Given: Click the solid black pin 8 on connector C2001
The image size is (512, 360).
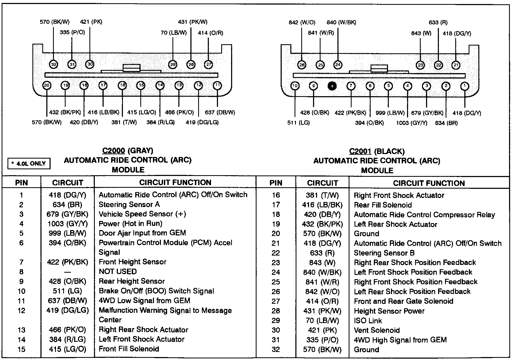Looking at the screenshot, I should (332, 86).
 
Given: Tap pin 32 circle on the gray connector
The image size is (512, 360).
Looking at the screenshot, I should (54, 64).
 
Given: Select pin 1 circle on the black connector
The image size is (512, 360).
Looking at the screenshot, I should (465, 86).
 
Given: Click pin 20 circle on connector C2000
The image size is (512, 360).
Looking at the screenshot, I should (47, 85).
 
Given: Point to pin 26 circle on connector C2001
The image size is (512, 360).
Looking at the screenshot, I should (302, 65).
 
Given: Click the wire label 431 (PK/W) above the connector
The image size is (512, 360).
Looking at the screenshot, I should (193, 22).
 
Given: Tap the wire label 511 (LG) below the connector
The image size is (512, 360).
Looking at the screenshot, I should (299, 123).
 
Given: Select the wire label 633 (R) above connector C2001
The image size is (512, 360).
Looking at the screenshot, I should (438, 22).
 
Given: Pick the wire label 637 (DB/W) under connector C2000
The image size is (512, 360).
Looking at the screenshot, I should (220, 112).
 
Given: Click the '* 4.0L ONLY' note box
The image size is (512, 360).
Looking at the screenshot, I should (29, 163).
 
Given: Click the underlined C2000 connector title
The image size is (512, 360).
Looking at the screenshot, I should (114, 151).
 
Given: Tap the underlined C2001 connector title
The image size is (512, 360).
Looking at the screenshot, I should (360, 151).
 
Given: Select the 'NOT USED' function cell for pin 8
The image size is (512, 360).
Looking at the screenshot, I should (118, 272).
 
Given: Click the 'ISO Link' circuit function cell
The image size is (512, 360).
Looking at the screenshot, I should (368, 321).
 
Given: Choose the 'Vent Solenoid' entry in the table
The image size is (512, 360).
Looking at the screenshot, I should (377, 330).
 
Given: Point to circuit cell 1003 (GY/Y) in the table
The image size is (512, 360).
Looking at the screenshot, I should (67, 224).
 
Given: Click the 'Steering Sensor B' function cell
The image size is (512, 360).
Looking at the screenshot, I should (384, 253).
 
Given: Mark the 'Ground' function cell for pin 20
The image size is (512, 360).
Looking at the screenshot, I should (366, 234).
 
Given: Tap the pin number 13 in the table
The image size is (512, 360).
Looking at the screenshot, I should (21, 330).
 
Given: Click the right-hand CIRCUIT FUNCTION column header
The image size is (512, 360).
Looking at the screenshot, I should (429, 183).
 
